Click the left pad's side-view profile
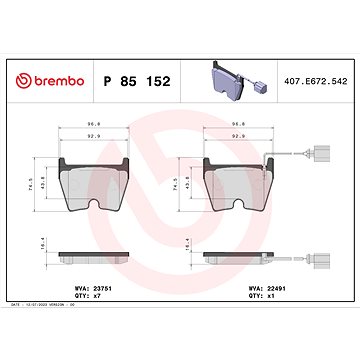coord(96,257)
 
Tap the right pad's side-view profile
coord(238,257)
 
